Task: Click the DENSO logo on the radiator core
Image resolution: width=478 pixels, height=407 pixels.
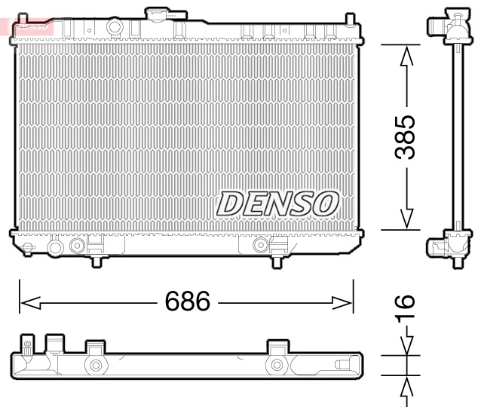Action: click(x=277, y=202)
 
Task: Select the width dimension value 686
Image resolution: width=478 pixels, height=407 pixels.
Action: click(x=188, y=302)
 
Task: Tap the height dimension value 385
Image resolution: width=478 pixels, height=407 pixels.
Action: click(x=406, y=136)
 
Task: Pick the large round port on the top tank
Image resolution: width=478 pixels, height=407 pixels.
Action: click(x=114, y=26)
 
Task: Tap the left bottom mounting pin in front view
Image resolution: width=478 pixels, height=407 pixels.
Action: click(x=98, y=261)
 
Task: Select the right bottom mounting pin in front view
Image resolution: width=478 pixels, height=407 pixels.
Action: click(x=277, y=261)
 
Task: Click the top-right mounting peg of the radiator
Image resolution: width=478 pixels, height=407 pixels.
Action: click(x=349, y=17)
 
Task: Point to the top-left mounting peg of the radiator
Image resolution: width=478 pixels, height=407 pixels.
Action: click(x=19, y=17)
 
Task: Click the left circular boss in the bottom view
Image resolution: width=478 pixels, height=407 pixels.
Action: click(x=96, y=366)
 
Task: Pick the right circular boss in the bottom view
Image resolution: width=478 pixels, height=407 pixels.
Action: click(x=277, y=366)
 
